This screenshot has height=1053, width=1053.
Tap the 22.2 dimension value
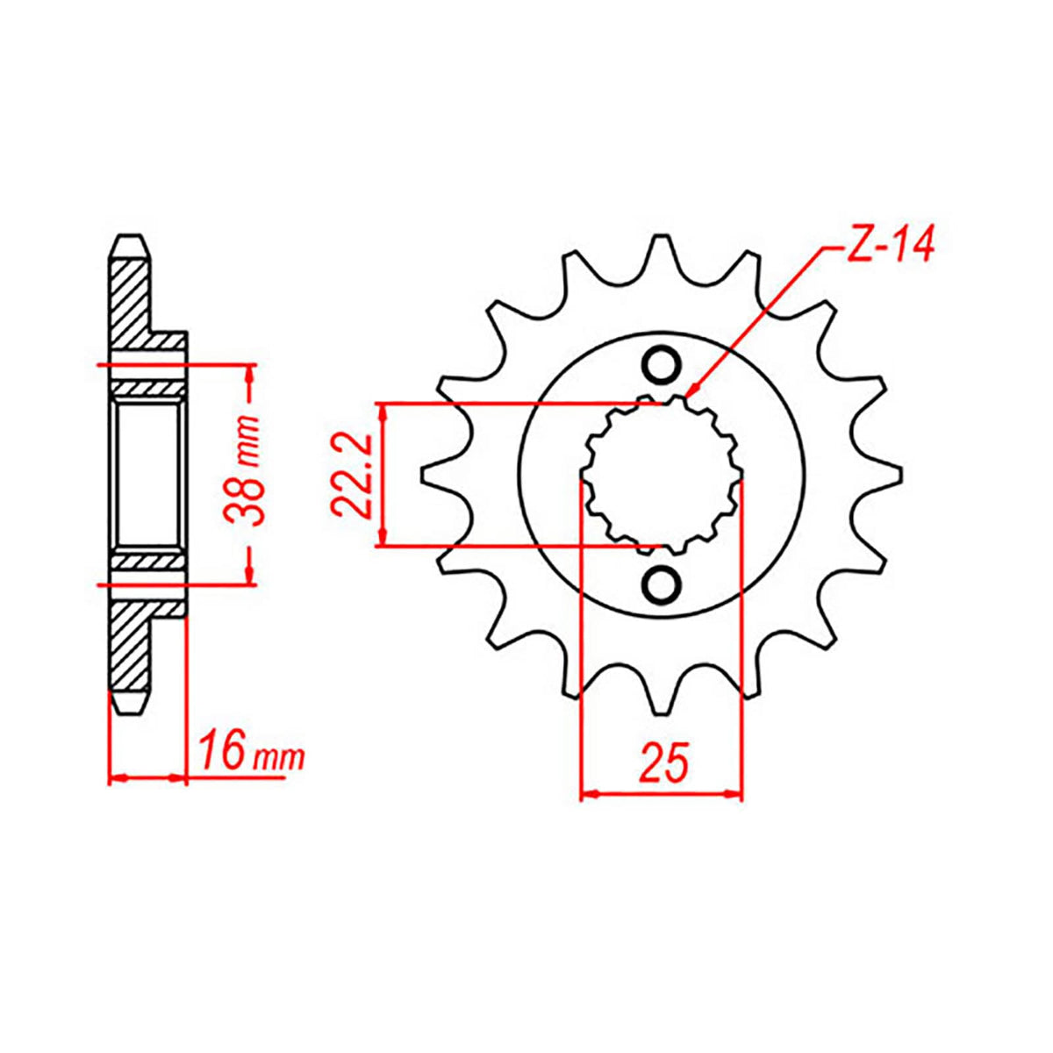[350, 475]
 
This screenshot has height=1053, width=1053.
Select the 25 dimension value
[663, 762]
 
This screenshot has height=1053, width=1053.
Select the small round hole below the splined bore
[661, 584]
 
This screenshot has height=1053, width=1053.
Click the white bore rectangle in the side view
[147, 474]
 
